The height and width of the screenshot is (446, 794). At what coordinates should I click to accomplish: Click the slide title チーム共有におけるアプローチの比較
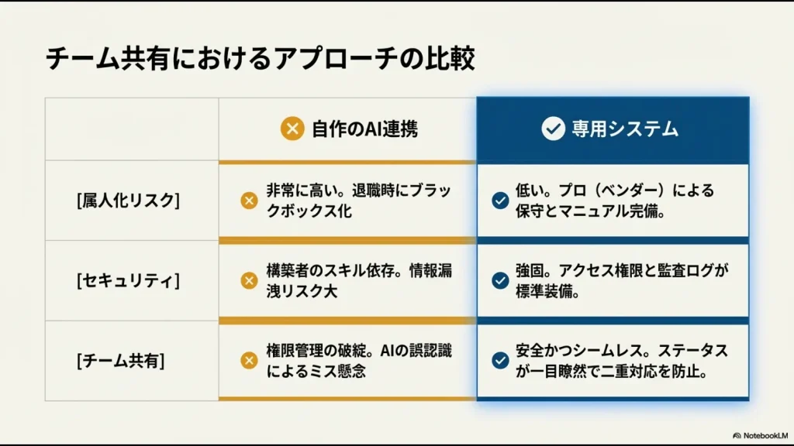[260, 60]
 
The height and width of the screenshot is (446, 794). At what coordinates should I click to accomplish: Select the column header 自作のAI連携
[364, 129]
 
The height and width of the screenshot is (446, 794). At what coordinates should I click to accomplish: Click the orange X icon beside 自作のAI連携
[292, 129]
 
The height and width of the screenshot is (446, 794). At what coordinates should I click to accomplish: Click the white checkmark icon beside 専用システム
[553, 129]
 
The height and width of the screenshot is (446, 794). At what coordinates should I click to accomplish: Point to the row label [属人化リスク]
[128, 201]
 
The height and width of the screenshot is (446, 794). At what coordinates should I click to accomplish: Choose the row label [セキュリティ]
[128, 280]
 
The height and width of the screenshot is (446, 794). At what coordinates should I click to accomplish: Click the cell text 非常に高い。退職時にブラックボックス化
[357, 201]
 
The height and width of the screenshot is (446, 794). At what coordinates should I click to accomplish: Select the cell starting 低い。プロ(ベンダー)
[614, 201]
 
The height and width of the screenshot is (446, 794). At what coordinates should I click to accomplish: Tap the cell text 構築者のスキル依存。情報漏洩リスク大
[359, 280]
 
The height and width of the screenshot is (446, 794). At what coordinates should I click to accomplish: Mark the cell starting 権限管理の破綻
[359, 361]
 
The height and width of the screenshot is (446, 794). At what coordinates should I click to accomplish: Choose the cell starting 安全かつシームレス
[621, 361]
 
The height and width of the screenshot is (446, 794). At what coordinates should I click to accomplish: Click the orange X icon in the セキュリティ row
[249, 280]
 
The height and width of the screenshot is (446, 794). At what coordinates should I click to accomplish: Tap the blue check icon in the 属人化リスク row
[500, 201]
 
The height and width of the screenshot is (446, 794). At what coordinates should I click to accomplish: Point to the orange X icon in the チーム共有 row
[249, 360]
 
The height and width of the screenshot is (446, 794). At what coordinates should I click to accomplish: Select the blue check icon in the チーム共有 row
[500, 360]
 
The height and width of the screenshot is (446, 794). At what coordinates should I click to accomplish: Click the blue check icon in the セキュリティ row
[500, 280]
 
